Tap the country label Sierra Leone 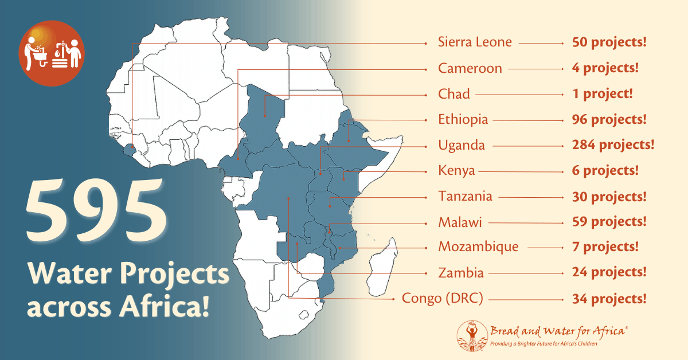475,42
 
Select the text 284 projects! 613,145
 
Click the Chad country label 454,94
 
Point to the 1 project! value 602,94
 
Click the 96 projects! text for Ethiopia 609,120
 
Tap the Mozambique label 478,246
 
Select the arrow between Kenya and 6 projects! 522,171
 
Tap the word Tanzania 465,196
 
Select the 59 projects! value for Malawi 609,221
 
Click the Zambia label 461,272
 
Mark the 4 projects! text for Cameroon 605,68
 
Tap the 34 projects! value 609,299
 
